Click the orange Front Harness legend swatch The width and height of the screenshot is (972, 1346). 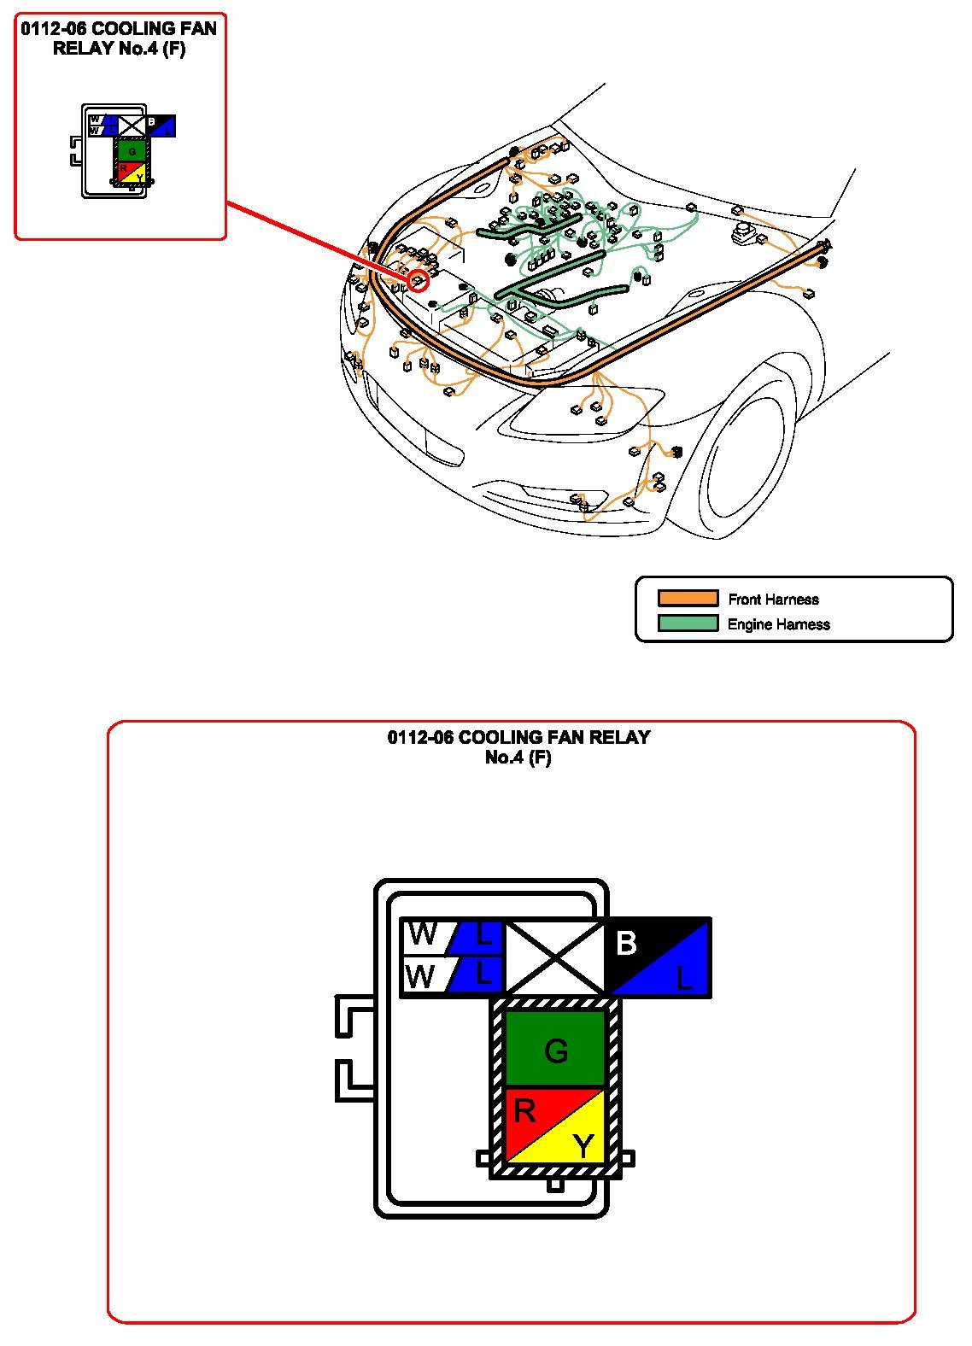click(688, 599)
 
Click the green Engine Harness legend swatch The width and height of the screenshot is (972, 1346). click(688, 623)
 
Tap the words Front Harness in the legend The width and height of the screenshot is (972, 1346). click(773, 600)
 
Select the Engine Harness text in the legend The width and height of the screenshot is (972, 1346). click(778, 624)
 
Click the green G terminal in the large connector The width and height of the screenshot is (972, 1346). click(555, 1050)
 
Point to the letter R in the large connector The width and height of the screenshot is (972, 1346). click(524, 1111)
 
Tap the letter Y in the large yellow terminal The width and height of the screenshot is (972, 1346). click(583, 1146)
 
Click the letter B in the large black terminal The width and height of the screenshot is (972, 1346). click(626, 944)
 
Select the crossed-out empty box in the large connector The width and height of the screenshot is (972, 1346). click(555, 958)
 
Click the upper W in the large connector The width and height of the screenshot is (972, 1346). click(423, 935)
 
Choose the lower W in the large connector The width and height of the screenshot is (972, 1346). click(421, 976)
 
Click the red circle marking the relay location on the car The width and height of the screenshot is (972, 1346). click(418, 280)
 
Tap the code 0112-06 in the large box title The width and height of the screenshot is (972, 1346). click(420, 737)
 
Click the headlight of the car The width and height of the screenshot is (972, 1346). click(581, 410)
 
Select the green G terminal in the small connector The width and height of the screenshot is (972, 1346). click(132, 152)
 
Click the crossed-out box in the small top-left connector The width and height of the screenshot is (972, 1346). click(132, 126)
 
